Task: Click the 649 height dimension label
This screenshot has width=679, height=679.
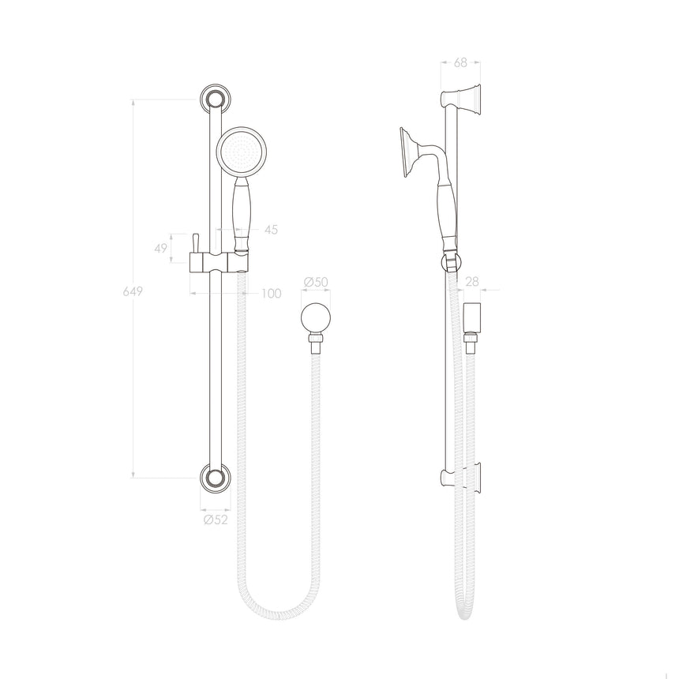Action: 133,292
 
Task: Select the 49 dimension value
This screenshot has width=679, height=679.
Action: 160,249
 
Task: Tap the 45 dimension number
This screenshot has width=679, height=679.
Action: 271,230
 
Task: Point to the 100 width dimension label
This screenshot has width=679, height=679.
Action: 272,294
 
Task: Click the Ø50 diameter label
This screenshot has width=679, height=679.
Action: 316,282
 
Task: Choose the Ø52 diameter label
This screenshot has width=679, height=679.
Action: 216,520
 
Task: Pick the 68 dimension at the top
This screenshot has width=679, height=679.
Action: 460,63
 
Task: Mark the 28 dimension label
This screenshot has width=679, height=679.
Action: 472,282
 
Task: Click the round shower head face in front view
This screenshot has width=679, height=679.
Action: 241,152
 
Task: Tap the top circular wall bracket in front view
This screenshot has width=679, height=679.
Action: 216,99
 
